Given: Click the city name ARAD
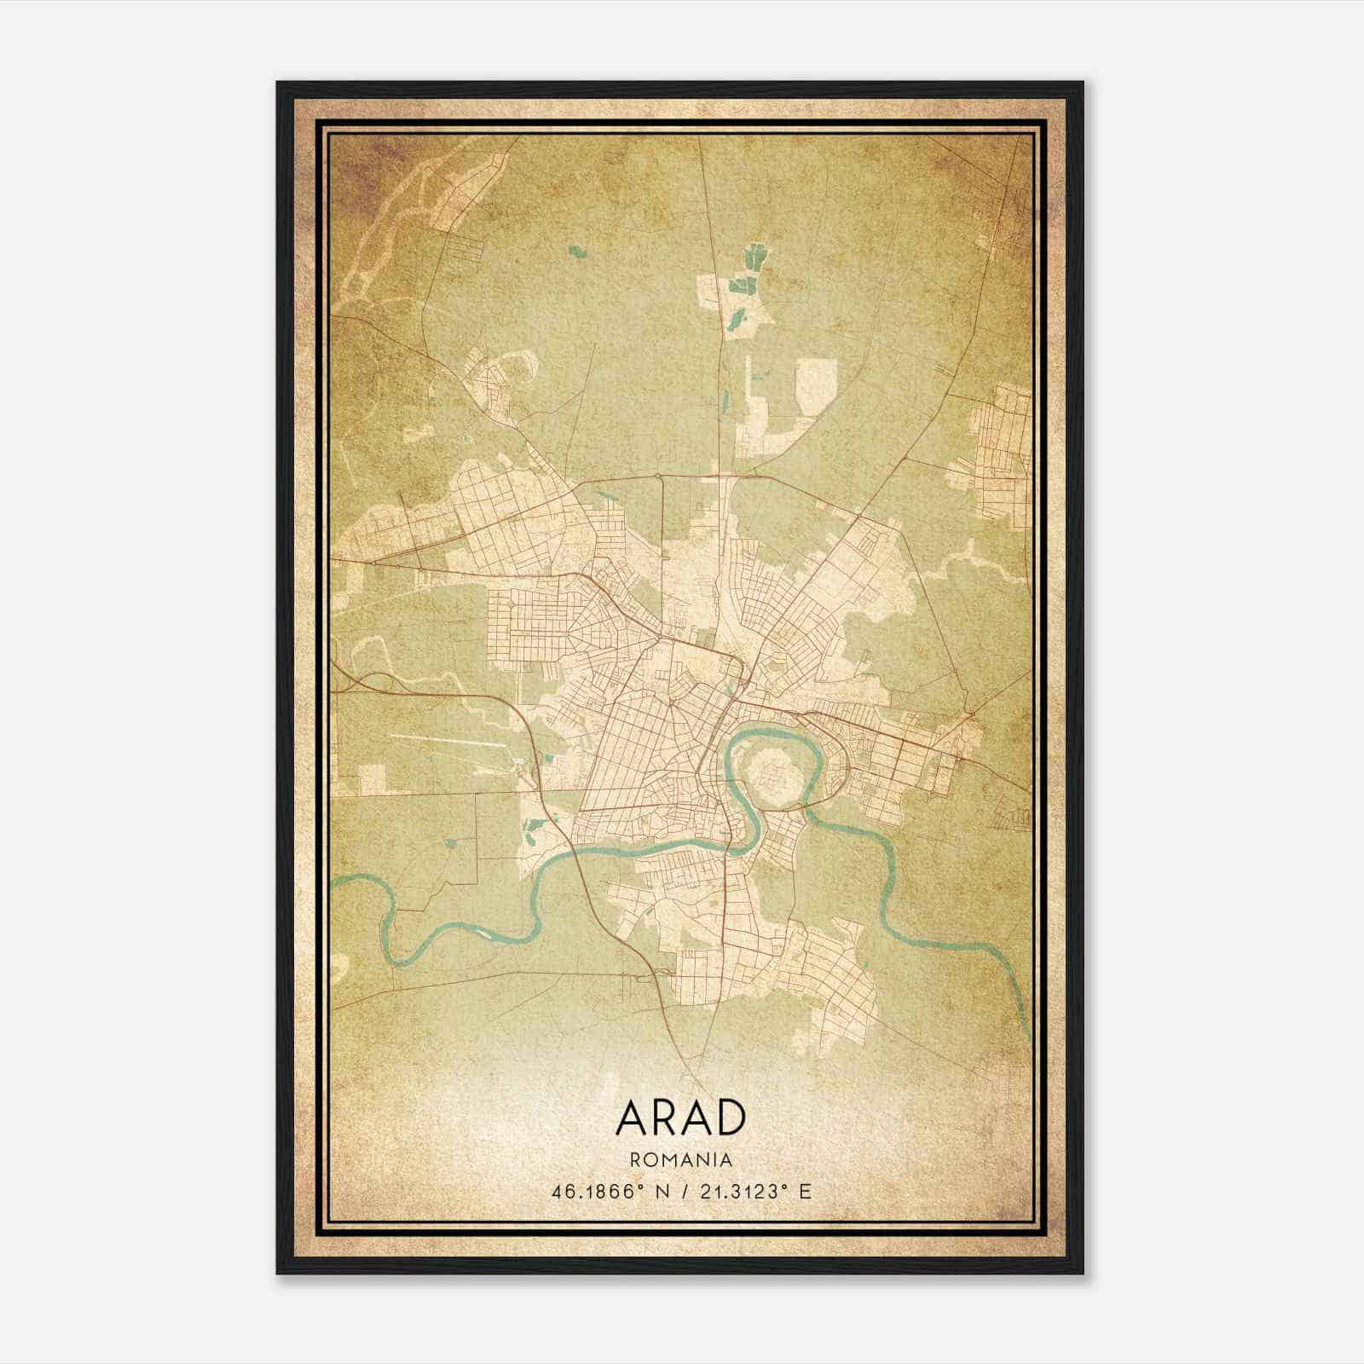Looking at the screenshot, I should (x=680, y=1118).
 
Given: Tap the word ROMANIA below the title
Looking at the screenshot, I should (x=680, y=1160).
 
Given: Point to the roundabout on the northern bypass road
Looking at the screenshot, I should (x=658, y=475).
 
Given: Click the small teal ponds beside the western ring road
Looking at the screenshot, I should (x=535, y=824).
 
